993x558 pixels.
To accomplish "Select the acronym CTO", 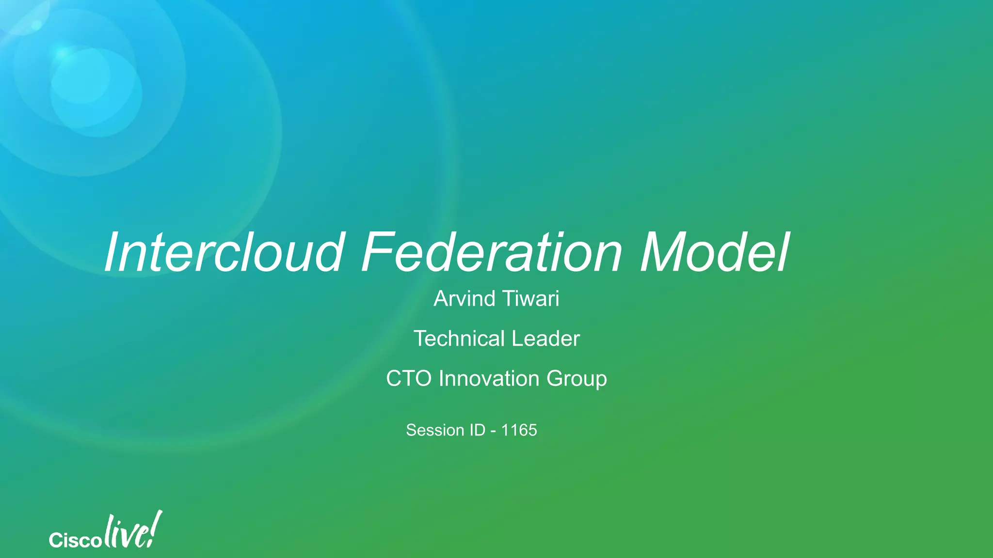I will pos(409,379).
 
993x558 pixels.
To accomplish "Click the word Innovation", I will pos(489,379).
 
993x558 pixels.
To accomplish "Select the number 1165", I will pos(519,430).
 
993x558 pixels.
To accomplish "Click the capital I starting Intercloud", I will pos(112,253).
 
